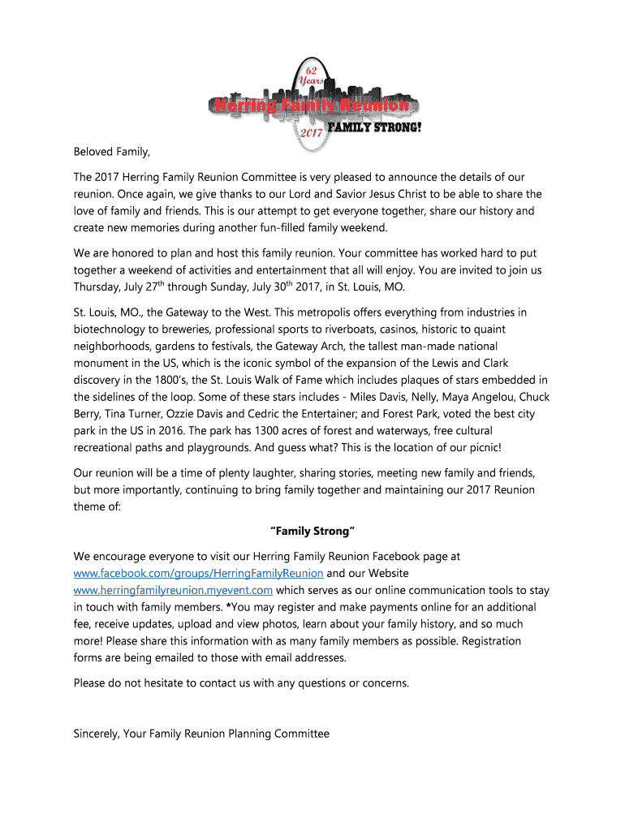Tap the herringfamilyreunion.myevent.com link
173,590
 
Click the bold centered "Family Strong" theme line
312,531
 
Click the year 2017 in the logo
312,131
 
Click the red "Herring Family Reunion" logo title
309,105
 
